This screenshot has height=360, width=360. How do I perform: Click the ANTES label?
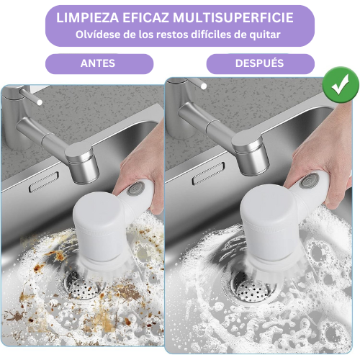click(x=99, y=63)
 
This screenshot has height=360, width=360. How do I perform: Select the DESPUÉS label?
click(x=260, y=63)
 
